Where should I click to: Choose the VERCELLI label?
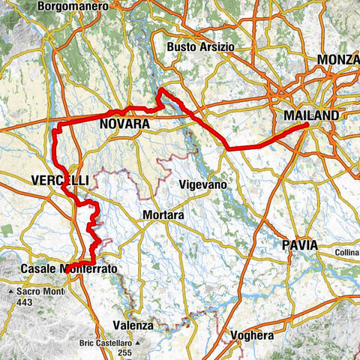coord(60,180)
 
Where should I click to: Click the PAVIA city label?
coord(300,245)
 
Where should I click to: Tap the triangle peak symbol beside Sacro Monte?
coord(10,290)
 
